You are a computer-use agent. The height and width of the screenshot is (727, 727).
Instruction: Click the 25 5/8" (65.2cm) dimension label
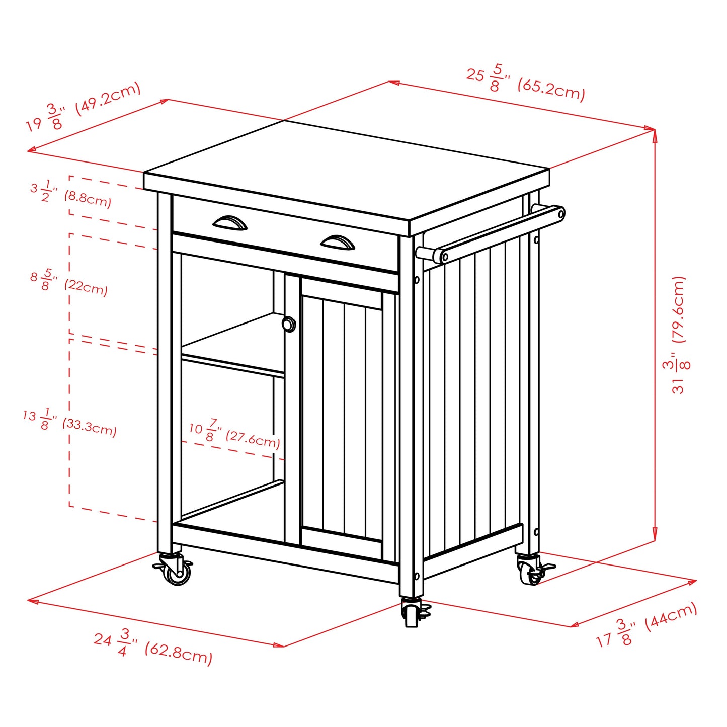click(525, 83)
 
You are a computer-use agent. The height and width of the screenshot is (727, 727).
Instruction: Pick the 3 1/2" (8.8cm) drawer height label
click(70, 194)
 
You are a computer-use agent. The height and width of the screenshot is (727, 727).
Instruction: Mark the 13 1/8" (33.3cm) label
click(69, 422)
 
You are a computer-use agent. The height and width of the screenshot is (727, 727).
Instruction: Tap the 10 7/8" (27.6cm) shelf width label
click(234, 434)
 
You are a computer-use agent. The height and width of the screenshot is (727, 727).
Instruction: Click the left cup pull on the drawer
click(230, 223)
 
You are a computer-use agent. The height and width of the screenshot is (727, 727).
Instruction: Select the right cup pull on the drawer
click(338, 243)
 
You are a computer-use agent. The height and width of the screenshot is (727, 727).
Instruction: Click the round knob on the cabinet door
click(289, 325)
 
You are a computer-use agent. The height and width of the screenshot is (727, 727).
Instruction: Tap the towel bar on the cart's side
click(491, 234)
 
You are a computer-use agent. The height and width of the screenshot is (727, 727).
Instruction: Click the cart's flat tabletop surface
click(347, 171)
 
